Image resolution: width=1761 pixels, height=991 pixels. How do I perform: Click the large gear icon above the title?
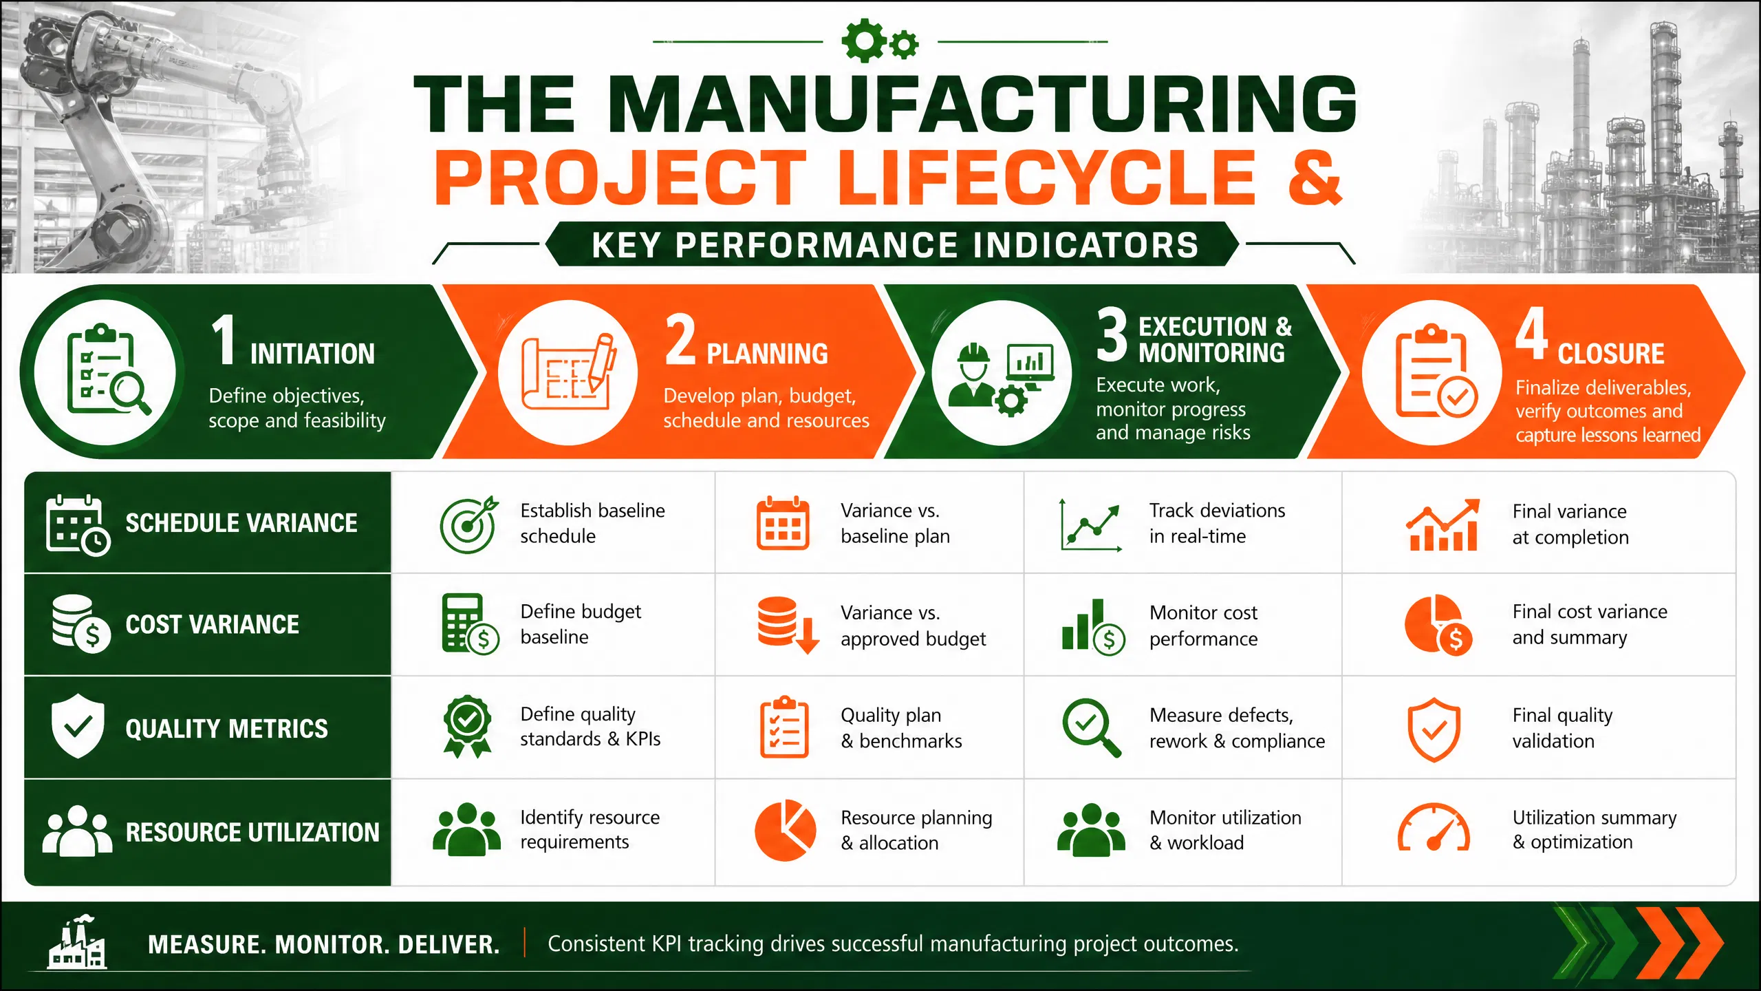(864, 41)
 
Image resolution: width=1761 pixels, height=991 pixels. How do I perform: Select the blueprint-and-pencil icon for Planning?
(568, 372)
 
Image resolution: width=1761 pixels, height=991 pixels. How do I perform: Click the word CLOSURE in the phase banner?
(1610, 354)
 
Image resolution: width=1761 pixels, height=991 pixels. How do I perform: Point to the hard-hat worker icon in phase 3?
(971, 375)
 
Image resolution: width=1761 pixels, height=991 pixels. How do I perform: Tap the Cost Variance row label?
(212, 624)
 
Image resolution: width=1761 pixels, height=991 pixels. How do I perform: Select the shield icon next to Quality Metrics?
(78, 726)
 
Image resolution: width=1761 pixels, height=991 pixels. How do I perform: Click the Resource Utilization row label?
(252, 832)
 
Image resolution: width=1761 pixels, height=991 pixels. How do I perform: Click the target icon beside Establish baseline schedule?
(469, 524)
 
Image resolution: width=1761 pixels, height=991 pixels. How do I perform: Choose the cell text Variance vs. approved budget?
(913, 626)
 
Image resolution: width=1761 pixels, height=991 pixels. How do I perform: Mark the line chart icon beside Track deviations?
(1091, 524)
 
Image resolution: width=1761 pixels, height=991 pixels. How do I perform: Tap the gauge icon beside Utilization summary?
(1434, 828)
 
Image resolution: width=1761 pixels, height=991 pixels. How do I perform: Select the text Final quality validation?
(1562, 728)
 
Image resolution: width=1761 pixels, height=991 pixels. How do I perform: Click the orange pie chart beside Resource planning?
(785, 830)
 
